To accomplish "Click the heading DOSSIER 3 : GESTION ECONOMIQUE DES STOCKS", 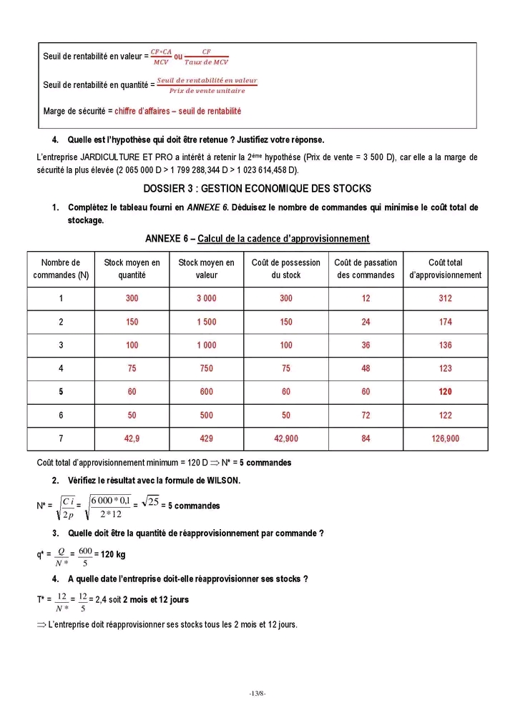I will coord(257,189).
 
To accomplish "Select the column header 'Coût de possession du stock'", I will coord(286,269).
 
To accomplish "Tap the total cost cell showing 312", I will coord(445,299).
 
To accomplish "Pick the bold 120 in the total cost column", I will coord(445,392).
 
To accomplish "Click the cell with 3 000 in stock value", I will coord(206,299).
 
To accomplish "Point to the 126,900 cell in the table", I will coord(445,438).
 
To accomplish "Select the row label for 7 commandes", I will coord(61,438).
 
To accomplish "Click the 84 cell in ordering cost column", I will coord(366,438).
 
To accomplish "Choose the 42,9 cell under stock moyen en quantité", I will coord(132,438).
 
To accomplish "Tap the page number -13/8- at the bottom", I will coord(257,693).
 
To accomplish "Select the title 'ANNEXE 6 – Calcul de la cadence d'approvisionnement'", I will coord(257,239).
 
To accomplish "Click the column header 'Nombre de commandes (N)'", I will coord(61,269).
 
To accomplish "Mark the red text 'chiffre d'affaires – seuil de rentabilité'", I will coord(177,112).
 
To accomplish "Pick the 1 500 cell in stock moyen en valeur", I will coord(206,323).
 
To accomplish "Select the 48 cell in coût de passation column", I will coord(366,369).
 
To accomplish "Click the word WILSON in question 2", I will coord(222,481).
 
